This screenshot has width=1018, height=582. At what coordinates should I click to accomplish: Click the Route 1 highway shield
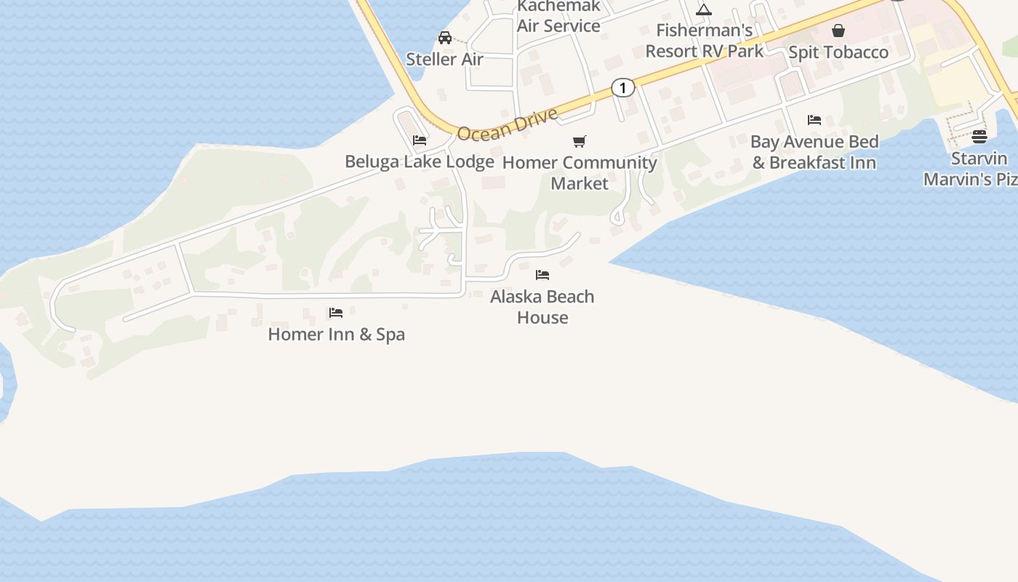point(622,88)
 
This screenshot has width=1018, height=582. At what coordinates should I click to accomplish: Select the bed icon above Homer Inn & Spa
point(335,313)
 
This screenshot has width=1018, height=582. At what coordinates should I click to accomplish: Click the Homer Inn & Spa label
point(336,335)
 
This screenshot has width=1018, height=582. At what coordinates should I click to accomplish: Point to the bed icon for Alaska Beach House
point(542,275)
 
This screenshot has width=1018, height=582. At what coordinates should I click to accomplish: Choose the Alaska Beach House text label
point(542,307)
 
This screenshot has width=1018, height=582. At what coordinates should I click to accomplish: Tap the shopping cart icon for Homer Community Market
point(580,141)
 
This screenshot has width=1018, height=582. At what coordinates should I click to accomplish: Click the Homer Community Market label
point(580,172)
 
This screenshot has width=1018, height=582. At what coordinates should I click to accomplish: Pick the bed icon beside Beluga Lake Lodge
point(420,140)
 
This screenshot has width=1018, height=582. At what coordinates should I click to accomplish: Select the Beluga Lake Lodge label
point(420,162)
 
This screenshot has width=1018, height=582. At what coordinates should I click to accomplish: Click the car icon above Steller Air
point(444,38)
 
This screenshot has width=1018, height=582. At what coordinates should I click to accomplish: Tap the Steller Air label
point(444,59)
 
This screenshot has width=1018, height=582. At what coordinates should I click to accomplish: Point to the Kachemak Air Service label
point(558,17)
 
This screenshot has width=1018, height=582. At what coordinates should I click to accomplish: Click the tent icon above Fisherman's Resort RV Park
point(703,9)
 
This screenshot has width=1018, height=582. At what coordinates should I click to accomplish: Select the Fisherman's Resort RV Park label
point(705,41)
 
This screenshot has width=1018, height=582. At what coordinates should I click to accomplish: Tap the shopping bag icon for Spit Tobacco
point(838,31)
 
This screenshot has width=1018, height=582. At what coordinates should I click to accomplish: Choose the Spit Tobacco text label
point(838,52)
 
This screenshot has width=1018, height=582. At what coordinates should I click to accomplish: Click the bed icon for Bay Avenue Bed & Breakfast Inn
point(814,120)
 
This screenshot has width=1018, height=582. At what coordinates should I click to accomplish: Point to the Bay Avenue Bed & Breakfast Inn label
point(814,152)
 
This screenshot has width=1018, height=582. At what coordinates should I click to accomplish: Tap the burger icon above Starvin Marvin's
point(979,137)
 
